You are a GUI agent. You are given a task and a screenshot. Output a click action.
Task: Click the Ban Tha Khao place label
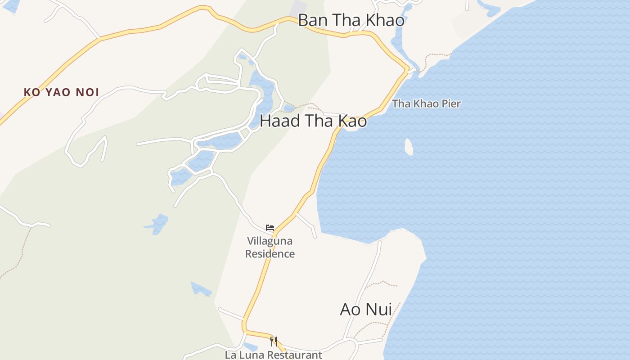351,21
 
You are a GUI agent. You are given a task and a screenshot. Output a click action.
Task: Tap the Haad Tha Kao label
313,121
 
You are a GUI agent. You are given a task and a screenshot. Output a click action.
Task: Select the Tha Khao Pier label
426,104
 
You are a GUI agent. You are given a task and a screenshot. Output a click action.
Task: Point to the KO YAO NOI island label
61,93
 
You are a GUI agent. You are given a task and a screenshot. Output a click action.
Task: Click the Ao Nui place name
365,310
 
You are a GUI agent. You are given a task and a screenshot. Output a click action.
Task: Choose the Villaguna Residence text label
270,247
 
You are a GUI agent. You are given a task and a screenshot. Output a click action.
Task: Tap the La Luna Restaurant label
274,355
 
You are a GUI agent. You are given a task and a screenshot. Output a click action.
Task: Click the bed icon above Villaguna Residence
270,228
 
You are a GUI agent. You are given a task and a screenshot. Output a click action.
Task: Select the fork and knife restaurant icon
274,341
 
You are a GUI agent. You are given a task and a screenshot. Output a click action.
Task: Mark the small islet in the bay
409,147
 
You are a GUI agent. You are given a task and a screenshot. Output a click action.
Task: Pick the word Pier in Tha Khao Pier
451,104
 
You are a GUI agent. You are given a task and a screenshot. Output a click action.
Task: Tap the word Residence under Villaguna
270,254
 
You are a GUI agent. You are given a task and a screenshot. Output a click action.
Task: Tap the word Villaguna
270,241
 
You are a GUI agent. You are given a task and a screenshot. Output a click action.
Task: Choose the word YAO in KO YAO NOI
57,93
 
